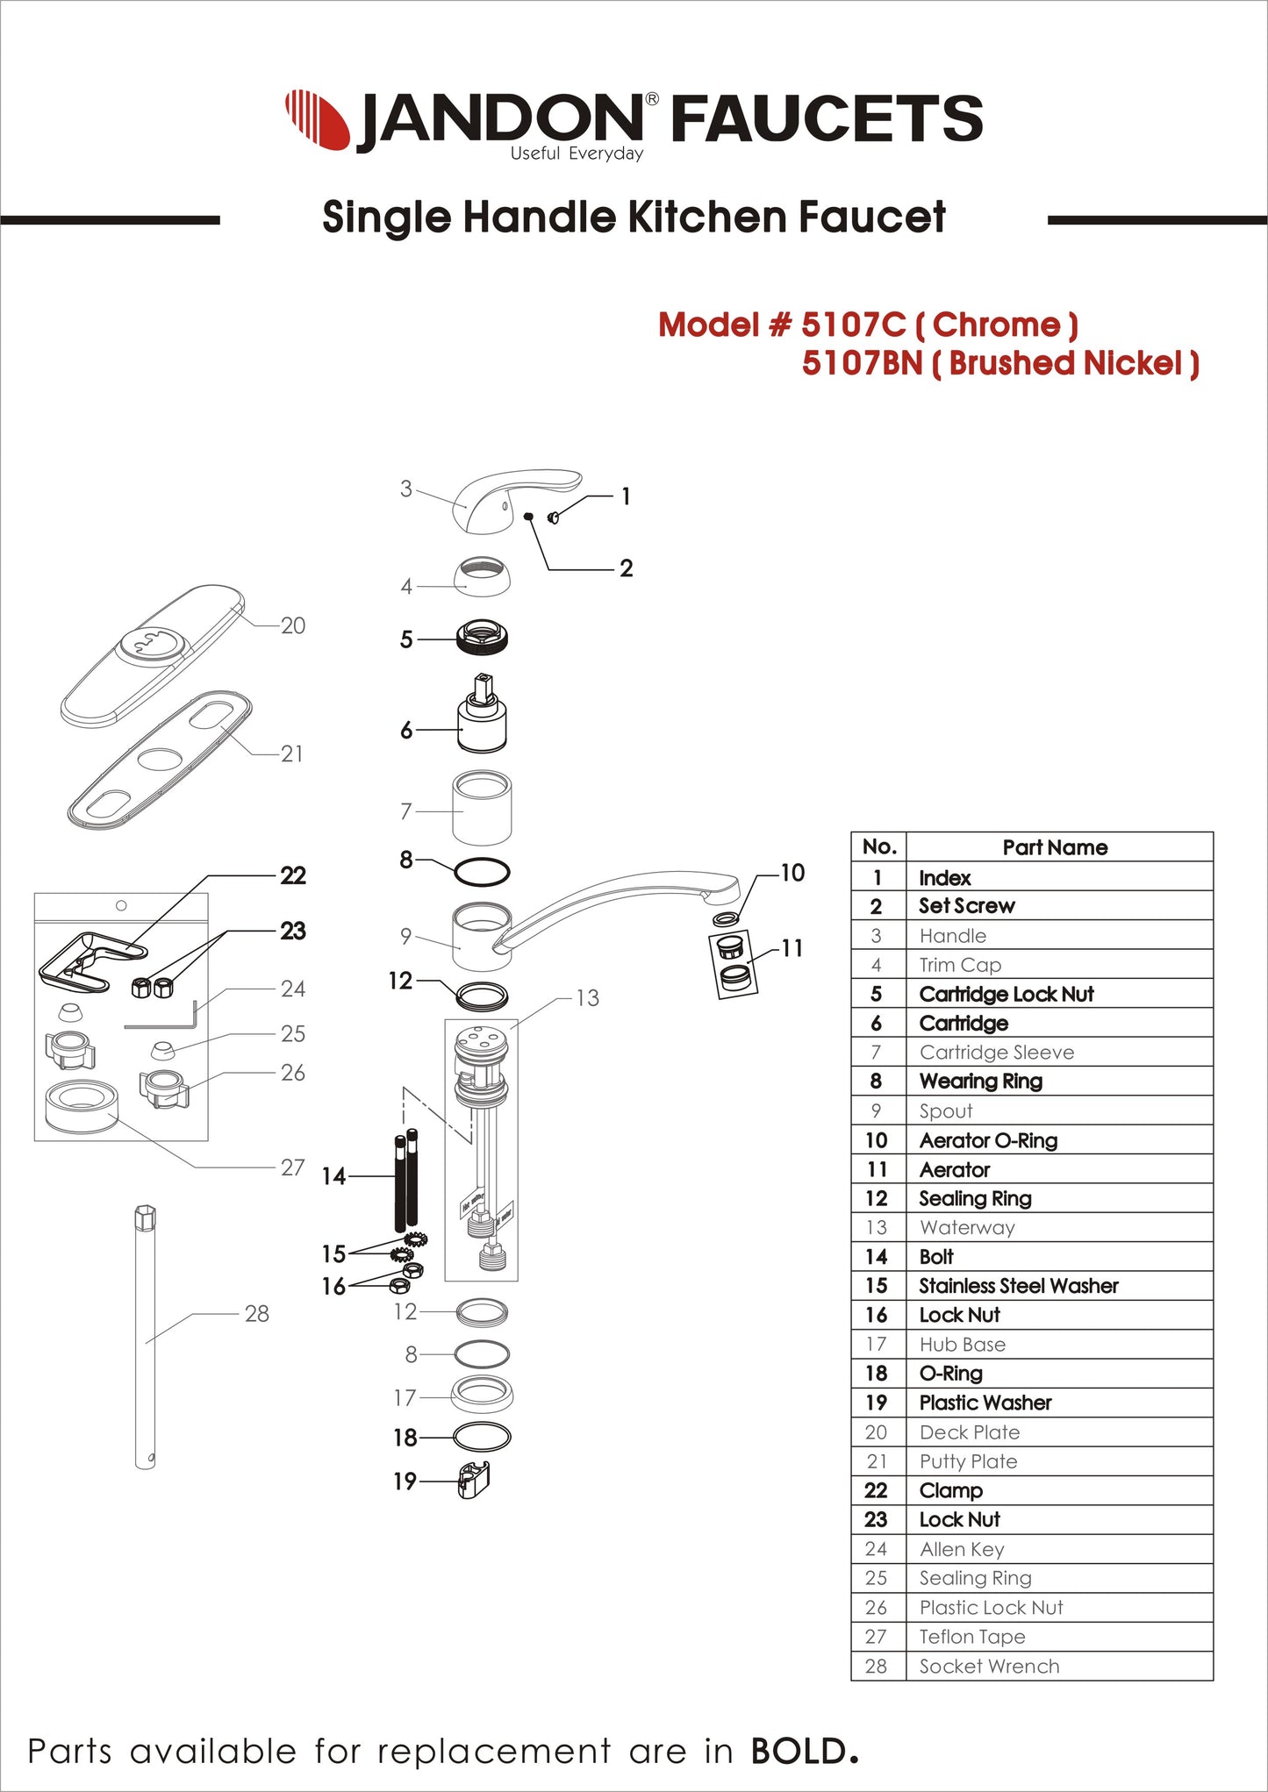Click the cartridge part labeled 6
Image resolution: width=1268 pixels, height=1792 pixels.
point(482,715)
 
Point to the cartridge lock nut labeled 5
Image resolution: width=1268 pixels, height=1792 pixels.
point(482,637)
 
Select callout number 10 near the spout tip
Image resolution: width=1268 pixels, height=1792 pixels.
point(792,873)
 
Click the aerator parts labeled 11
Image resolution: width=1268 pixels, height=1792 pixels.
point(734,963)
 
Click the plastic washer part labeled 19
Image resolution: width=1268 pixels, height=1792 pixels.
point(474,1481)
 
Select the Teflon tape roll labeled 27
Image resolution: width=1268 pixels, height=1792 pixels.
point(81,1106)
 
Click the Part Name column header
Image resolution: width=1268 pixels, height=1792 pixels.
point(1055,847)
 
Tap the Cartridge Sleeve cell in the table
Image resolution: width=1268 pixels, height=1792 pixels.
point(996,1053)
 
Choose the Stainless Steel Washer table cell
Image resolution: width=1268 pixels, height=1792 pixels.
point(1018,1286)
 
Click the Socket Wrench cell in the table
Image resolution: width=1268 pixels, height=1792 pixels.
point(989,1667)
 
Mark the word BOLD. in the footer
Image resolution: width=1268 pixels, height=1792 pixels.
point(803,1752)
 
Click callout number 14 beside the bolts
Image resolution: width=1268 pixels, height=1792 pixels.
point(333,1176)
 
